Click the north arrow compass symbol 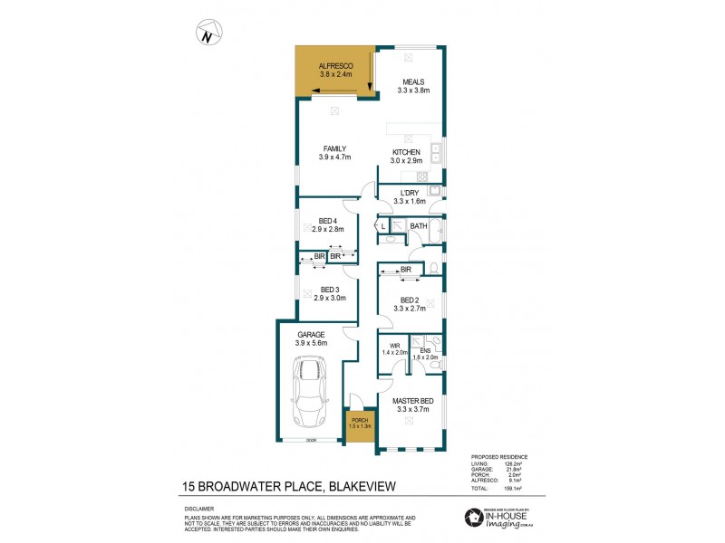pyautogui.click(x=209, y=37)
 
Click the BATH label pyautogui.click(x=418, y=226)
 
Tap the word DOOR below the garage pyautogui.click(x=310, y=441)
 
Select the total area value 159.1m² pyautogui.click(x=519, y=488)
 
